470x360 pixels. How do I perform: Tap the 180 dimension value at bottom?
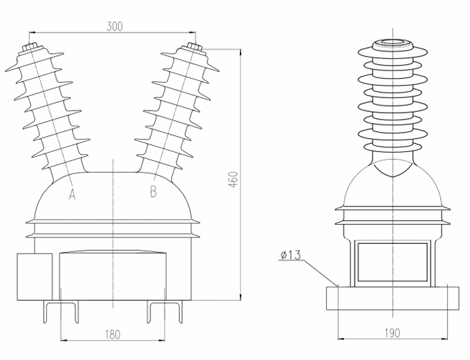click(x=113, y=334)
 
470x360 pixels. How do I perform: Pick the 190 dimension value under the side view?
click(x=391, y=334)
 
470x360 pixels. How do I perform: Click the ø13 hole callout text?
click(x=290, y=256)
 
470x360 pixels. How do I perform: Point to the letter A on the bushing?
click(x=71, y=195)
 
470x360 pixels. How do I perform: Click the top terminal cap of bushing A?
click(x=31, y=49)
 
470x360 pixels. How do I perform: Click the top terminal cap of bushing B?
click(x=192, y=48)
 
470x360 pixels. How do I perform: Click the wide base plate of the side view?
click(x=391, y=299)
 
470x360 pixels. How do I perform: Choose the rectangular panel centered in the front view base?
click(x=113, y=276)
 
